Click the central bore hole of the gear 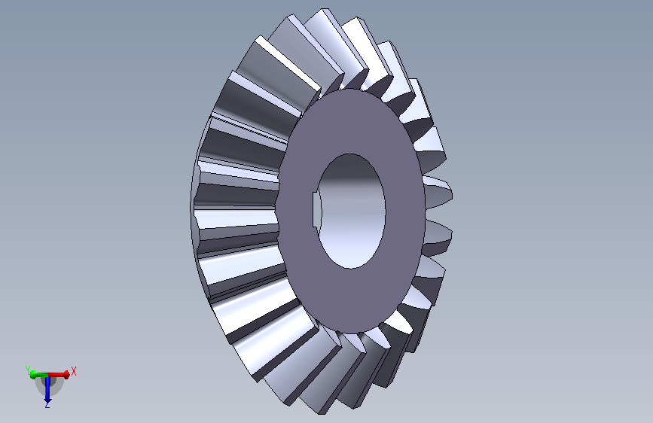tap(351, 211)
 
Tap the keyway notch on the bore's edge tap(316, 210)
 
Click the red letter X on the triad tap(74, 371)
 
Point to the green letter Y tap(28, 370)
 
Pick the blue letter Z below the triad tap(47, 404)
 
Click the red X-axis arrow tap(60, 375)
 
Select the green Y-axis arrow tap(38, 375)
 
